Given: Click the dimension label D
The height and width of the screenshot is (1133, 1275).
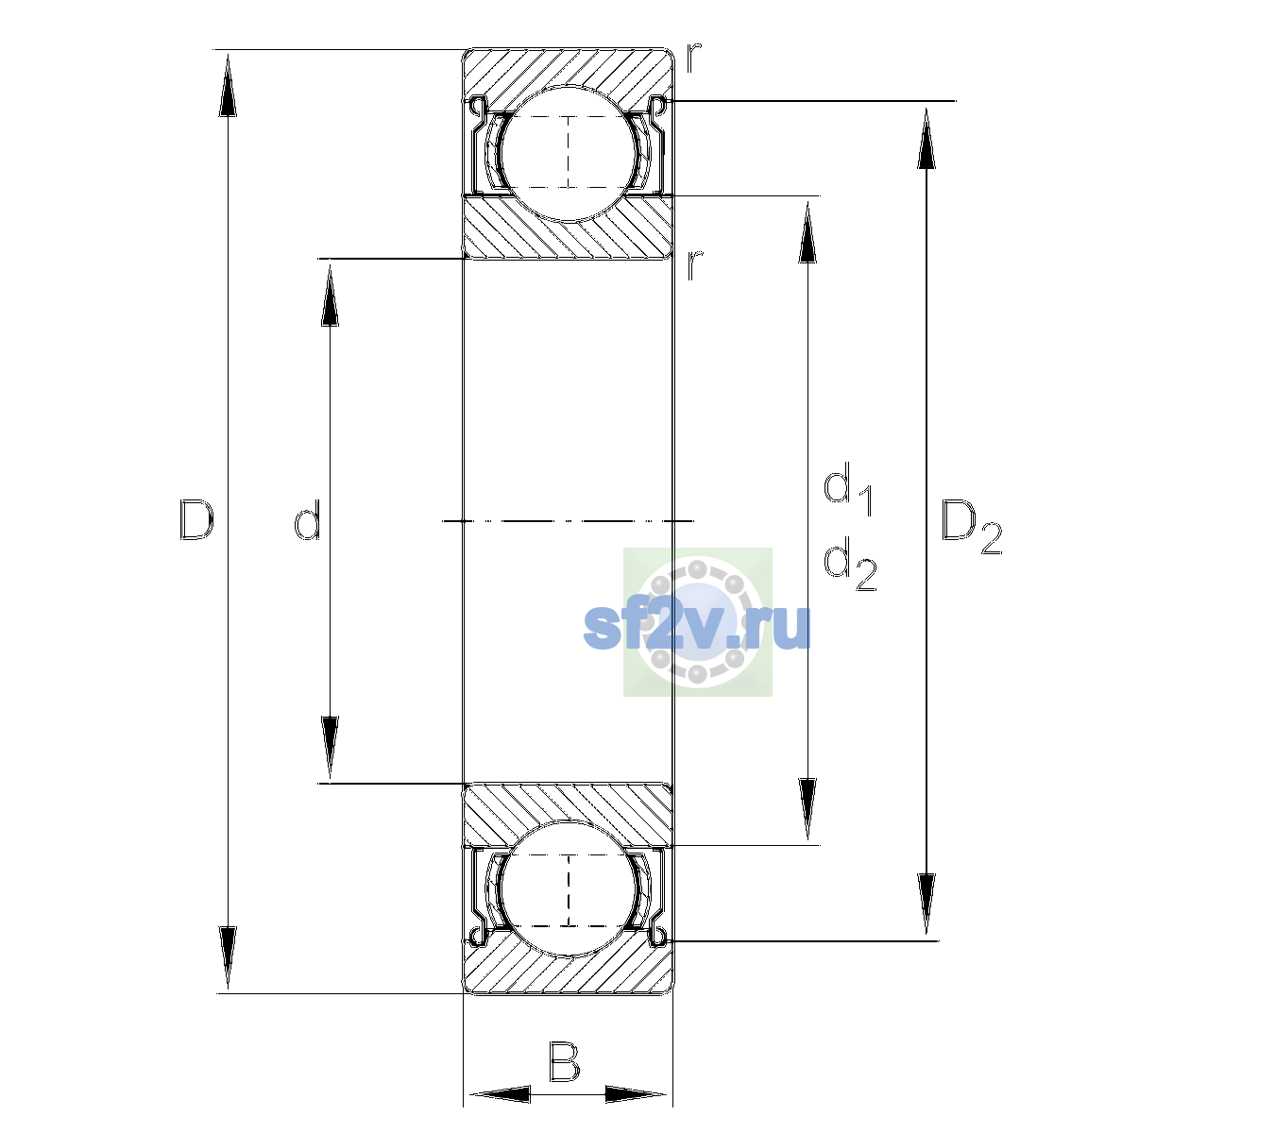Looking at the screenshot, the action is click(x=196, y=519).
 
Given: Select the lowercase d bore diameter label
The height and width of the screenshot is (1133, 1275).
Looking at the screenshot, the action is click(x=307, y=519).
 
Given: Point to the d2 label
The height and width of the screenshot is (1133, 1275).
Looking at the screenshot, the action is click(x=850, y=564).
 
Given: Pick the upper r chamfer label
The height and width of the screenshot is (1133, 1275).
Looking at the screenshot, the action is click(x=694, y=58).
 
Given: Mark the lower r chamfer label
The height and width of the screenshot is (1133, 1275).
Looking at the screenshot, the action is click(x=694, y=265).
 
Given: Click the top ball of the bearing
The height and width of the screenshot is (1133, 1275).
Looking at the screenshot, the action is click(x=569, y=154).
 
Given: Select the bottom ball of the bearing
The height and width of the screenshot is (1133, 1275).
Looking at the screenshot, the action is click(x=569, y=888).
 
